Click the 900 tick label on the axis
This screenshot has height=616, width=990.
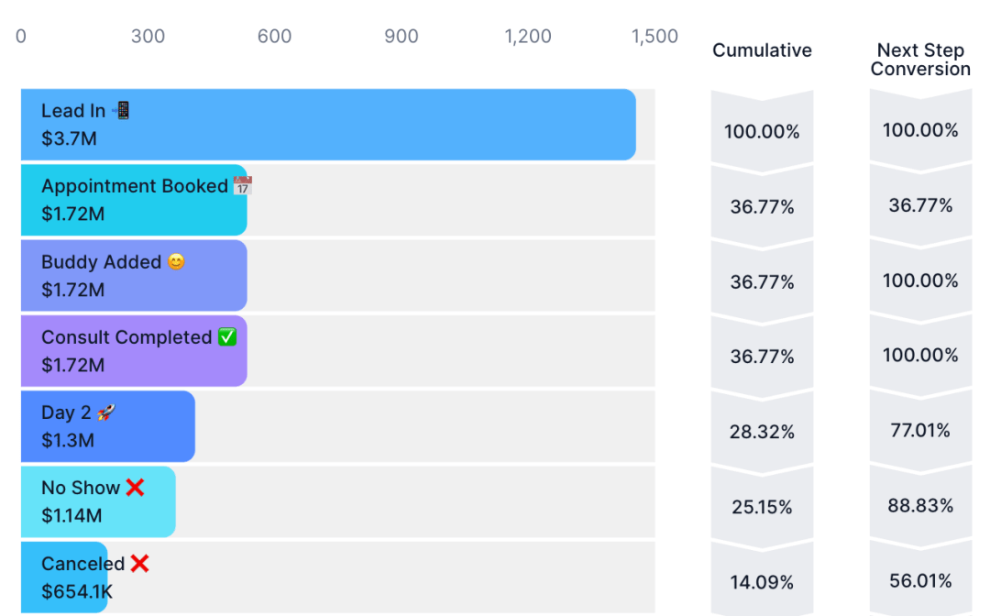tap(401, 36)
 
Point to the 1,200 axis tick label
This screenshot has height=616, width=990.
tap(528, 37)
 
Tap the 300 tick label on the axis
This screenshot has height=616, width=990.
tap(148, 36)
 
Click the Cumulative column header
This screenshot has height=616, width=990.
tap(762, 50)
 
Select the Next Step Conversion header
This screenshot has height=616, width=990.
tap(920, 60)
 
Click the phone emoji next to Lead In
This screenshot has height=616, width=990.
tap(121, 110)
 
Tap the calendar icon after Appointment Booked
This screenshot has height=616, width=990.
tap(242, 185)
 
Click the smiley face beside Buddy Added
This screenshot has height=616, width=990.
tap(176, 261)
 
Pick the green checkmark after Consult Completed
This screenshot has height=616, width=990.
tap(227, 337)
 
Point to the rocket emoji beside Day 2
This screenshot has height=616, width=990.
tap(106, 412)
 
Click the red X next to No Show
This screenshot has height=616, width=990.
tap(135, 488)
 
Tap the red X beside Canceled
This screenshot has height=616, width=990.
tap(139, 563)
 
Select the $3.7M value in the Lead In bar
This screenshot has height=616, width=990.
tap(69, 138)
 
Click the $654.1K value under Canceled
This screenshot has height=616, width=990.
tap(77, 592)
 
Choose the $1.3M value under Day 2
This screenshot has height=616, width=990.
tap(68, 441)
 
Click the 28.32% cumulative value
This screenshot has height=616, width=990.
tap(762, 432)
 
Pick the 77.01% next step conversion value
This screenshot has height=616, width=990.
tap(920, 431)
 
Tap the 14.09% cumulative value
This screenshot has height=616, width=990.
tap(762, 582)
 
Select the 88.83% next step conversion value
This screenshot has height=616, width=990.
tap(920, 506)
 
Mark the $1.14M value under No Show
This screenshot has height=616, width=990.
tap(71, 516)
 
